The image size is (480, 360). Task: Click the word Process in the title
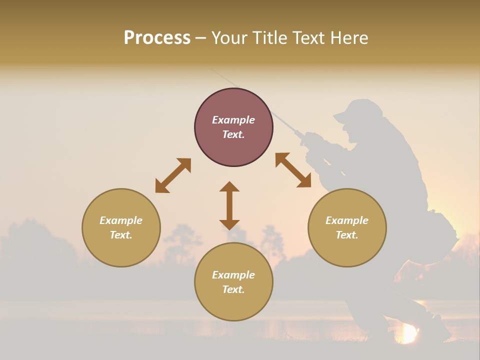click(157, 38)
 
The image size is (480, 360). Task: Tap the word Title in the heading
click(270, 38)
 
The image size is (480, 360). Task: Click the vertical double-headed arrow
click(229, 205)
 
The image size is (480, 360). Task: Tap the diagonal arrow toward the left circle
click(173, 175)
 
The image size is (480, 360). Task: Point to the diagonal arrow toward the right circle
click(293, 170)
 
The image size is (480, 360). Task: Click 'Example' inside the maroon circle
click(233, 120)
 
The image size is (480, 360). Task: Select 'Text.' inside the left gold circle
click(121, 235)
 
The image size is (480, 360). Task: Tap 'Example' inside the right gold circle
click(347, 220)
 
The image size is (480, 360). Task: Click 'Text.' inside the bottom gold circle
click(233, 289)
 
